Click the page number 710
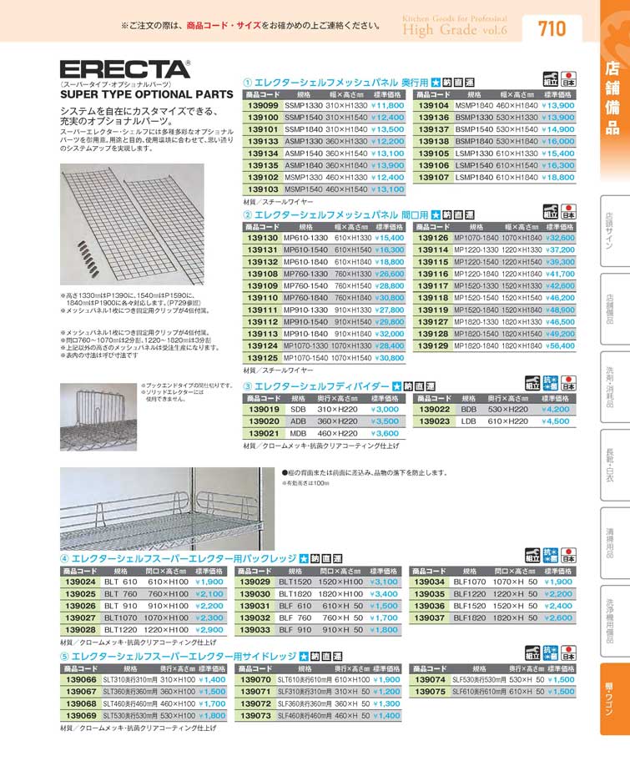pyautogui.click(x=552, y=29)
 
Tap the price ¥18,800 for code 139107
pyautogui.click(x=558, y=178)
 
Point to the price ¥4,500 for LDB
pyautogui.click(x=555, y=421)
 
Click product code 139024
pyautogui.click(x=78, y=581)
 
